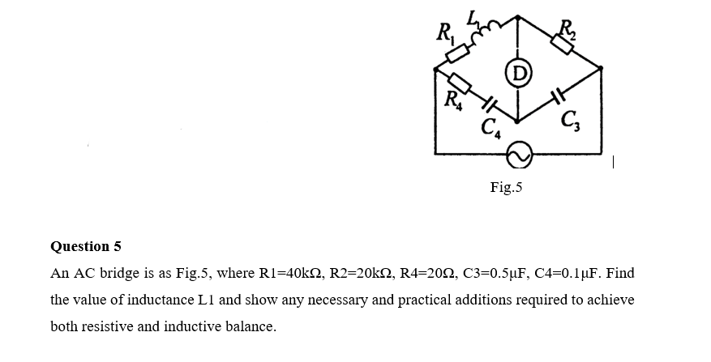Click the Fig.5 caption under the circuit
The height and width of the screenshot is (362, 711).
pyautogui.click(x=507, y=188)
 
